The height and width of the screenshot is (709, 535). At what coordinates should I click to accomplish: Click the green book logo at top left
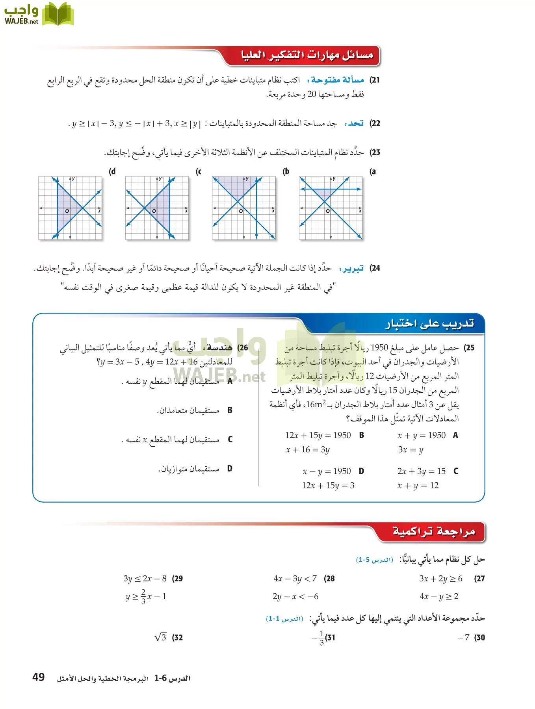[x=58, y=14]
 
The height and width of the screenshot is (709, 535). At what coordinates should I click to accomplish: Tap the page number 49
[x=39, y=677]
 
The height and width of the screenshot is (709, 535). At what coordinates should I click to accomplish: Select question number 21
[x=375, y=80]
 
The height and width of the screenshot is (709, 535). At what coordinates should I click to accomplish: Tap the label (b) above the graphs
[x=286, y=171]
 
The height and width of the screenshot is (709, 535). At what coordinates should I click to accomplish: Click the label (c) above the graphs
[x=199, y=171]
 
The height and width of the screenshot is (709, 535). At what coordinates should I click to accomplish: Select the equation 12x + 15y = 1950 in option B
[x=318, y=435]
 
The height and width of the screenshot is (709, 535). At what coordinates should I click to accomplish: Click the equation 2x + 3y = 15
[x=421, y=471]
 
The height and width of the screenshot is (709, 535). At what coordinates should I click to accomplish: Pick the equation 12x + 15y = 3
[x=328, y=485]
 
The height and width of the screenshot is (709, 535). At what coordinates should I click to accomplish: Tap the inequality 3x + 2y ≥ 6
[x=440, y=579]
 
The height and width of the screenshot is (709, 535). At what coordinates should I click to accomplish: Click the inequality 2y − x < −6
[x=295, y=596]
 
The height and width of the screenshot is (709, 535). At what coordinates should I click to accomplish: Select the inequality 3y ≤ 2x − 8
[x=145, y=579]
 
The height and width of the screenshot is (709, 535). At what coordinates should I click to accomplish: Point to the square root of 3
[x=160, y=637]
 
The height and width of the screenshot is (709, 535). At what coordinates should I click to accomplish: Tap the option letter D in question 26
[x=230, y=469]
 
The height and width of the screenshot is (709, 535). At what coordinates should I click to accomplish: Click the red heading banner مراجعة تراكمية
[x=433, y=531]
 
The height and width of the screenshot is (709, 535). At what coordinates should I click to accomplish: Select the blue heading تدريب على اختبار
[x=429, y=324]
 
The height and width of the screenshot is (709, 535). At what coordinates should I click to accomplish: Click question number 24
[x=375, y=268]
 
